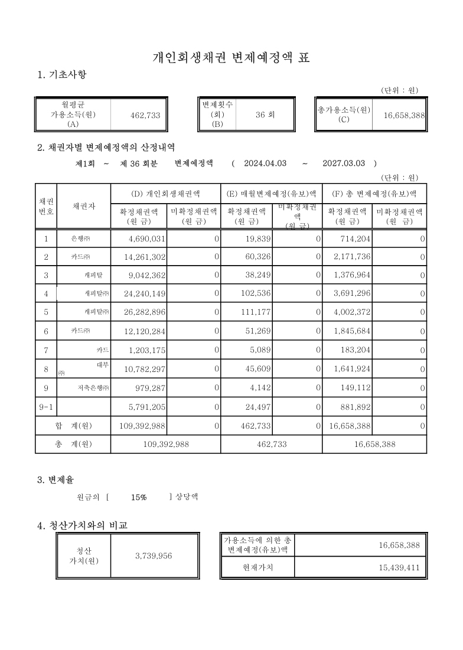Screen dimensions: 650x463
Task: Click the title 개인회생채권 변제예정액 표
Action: point(231,58)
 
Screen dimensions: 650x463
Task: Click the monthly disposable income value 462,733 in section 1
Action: point(145,116)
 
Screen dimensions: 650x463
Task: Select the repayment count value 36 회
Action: point(265,116)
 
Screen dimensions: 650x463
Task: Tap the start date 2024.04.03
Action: point(265,163)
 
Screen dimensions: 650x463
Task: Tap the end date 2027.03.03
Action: point(344,163)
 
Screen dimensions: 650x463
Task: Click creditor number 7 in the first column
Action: point(46,350)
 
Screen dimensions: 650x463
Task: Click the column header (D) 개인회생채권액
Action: point(165,193)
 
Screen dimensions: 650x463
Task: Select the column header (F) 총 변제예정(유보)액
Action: point(374,193)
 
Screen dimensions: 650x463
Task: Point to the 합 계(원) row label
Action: point(73,425)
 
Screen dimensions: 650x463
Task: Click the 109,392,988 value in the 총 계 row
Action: point(166,444)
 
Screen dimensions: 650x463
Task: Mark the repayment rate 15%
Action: point(139,498)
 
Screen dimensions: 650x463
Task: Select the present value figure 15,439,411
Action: point(399,569)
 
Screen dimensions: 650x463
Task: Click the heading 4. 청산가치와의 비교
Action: point(81,525)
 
